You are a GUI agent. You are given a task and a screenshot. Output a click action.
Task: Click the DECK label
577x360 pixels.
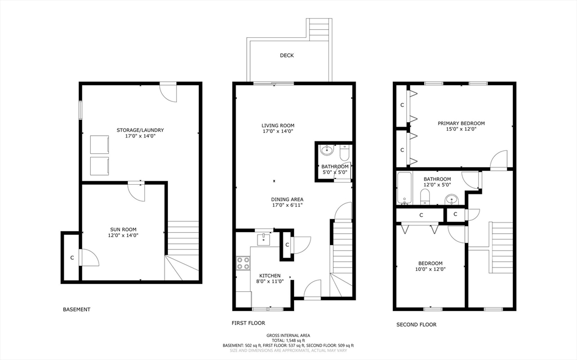click(287, 56)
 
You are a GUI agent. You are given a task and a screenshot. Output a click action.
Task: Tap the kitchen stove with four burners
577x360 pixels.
click(243, 263)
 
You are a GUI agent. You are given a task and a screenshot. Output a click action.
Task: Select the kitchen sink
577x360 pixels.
click(264, 239)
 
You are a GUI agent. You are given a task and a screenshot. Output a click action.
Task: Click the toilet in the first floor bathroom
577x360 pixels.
click(344, 152)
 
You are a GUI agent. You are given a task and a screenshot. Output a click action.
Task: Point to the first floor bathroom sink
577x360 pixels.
click(326, 150)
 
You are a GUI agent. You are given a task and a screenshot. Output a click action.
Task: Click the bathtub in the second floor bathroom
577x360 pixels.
click(405, 188)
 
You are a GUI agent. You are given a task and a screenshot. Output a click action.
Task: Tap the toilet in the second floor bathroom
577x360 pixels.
click(425, 197)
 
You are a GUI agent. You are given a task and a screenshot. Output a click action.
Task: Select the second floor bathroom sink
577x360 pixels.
click(451, 200)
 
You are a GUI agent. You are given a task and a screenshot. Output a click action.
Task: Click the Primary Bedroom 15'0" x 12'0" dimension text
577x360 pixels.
click(461, 129)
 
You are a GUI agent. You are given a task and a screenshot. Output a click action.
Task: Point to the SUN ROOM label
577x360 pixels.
click(123, 229)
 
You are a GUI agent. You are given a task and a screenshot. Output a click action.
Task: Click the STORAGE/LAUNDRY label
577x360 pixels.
click(140, 130)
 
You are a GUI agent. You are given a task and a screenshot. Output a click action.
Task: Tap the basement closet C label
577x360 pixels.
click(72, 257)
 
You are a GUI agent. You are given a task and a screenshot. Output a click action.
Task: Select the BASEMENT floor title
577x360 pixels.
click(77, 309)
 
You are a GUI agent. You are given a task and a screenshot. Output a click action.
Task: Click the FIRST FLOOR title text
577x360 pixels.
click(248, 323)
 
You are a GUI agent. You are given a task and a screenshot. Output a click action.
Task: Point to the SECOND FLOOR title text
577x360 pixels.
click(416, 325)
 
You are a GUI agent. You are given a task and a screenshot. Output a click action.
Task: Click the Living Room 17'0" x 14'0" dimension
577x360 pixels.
click(278, 131)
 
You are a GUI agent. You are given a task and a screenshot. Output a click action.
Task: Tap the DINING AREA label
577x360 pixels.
click(287, 199)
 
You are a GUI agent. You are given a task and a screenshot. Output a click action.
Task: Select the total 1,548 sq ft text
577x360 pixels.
click(288, 340)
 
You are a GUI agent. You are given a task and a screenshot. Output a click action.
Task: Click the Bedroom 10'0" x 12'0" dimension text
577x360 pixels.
click(430, 269)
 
